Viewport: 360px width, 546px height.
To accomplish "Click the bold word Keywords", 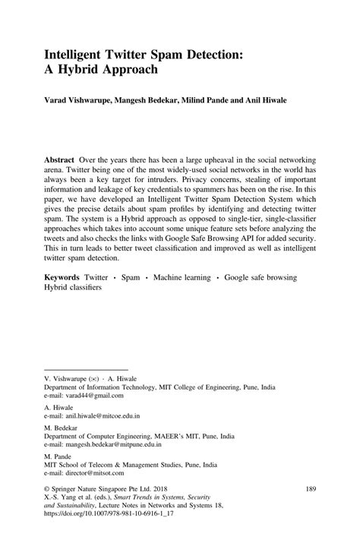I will coord(62,279).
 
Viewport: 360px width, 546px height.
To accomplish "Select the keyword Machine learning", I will coord(182,279).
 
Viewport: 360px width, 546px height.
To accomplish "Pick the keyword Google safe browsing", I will coord(264,279).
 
